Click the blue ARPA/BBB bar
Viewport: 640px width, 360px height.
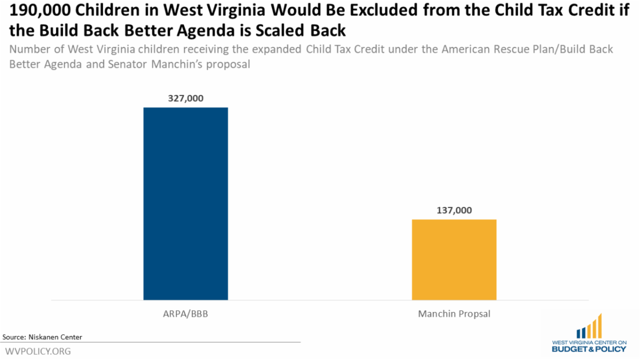(x=186, y=203)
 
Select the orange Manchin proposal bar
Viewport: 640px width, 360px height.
(x=454, y=259)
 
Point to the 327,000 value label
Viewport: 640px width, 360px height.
(x=186, y=98)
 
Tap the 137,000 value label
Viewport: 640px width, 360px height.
(x=454, y=210)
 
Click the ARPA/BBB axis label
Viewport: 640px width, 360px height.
(x=185, y=314)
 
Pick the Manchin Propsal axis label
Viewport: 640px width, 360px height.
(x=454, y=314)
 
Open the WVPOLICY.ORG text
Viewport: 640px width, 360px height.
(x=38, y=351)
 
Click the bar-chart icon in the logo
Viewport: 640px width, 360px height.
(x=589, y=326)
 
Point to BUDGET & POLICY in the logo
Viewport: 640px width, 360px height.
(x=589, y=350)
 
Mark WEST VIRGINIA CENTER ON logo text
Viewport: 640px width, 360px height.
(x=589, y=342)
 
